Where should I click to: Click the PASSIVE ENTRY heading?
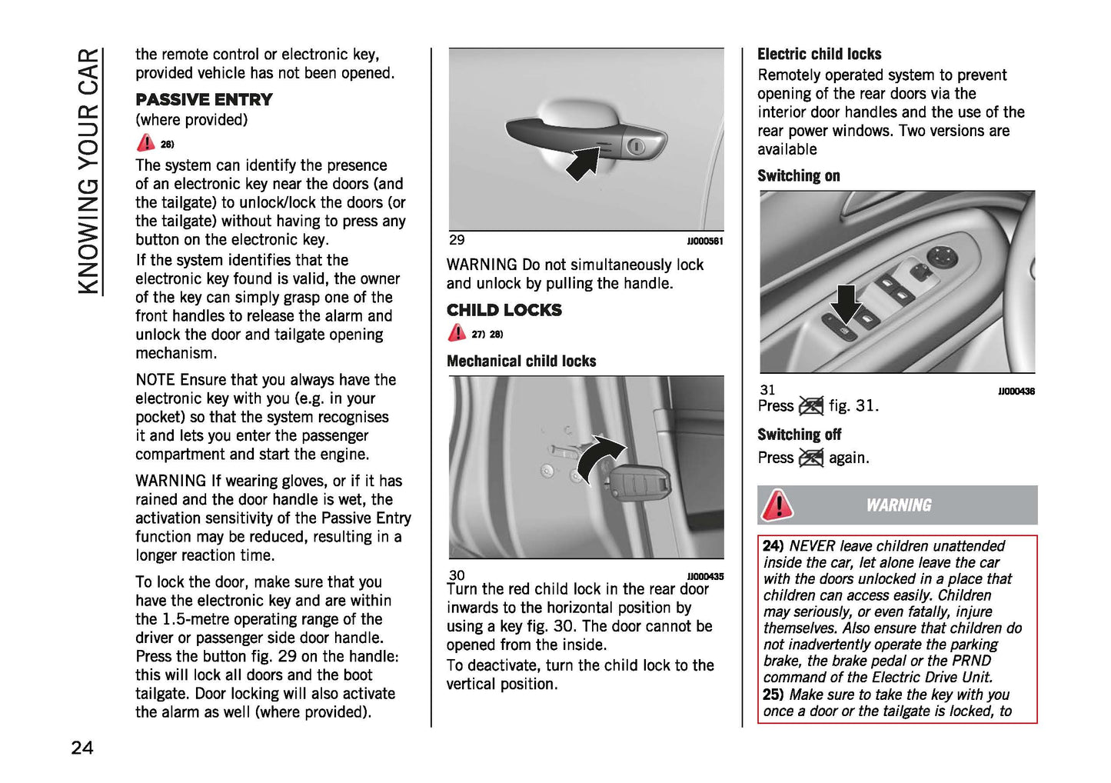[x=204, y=100]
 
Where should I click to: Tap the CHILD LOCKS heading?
[x=504, y=311]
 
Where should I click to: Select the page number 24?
[x=82, y=748]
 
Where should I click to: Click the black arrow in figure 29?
[x=584, y=162]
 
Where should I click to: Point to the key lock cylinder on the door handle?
[x=636, y=145]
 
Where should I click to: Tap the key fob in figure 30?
[x=638, y=485]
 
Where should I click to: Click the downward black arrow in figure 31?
[x=847, y=303]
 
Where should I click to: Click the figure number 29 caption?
[x=457, y=240]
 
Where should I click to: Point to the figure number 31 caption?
[x=767, y=390]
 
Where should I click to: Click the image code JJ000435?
[x=704, y=576]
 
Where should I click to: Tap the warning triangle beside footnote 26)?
[x=145, y=143]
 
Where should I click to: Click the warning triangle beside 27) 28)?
[x=457, y=333]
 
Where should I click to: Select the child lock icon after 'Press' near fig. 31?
[x=811, y=406]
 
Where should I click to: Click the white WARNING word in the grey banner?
[x=898, y=505]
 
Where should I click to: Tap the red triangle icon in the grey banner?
[x=777, y=505]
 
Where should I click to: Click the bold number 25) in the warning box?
[x=773, y=695]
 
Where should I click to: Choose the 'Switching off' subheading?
[x=799, y=435]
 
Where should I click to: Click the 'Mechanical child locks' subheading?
[x=521, y=362]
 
